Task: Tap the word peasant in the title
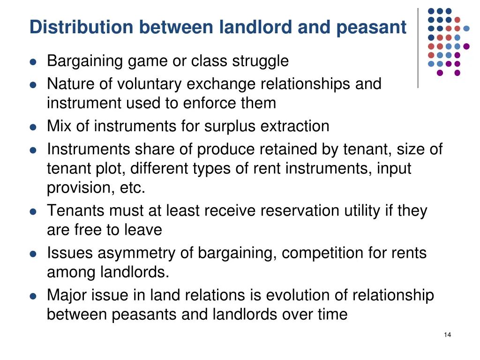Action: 371,27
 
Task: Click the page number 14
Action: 447,334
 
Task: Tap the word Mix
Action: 59,127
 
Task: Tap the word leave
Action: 143,230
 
